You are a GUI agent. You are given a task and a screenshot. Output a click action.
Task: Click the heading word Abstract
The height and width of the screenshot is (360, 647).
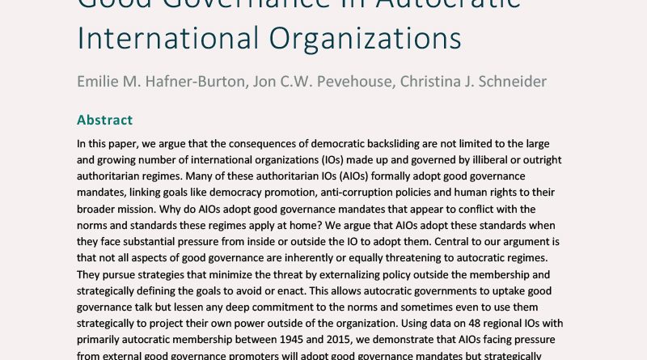104,121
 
